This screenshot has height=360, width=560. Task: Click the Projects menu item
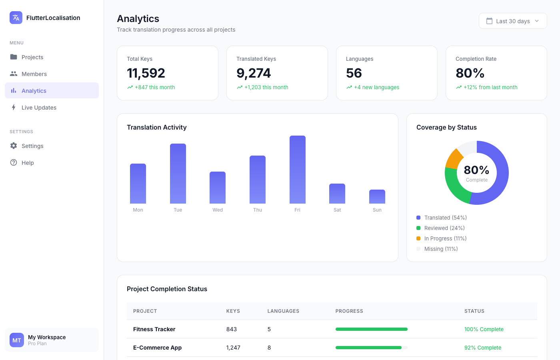coord(32,57)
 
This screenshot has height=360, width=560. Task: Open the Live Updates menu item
coord(39,108)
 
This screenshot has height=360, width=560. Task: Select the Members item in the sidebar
coord(34,74)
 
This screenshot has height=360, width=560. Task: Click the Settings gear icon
coord(14,146)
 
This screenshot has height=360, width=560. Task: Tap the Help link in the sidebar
coord(28,163)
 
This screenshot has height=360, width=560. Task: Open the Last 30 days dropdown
coord(513,21)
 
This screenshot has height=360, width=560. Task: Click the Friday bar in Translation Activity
coord(297,170)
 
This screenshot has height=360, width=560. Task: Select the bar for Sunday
coord(377,197)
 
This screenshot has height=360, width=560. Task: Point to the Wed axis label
coord(218,210)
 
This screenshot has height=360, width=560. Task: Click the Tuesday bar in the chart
coord(178,174)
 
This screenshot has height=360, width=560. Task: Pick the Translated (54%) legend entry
coord(445,218)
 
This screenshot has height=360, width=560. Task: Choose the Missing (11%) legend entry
coord(441,249)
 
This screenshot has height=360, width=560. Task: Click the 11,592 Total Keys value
coord(146,73)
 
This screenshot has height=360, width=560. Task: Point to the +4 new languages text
coord(376,87)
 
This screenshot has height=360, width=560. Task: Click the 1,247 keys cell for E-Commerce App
coord(233,348)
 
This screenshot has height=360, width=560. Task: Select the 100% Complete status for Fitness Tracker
coord(484,329)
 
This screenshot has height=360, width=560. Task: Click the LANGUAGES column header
coord(283,311)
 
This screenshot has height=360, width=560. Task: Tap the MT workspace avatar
coord(17,340)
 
